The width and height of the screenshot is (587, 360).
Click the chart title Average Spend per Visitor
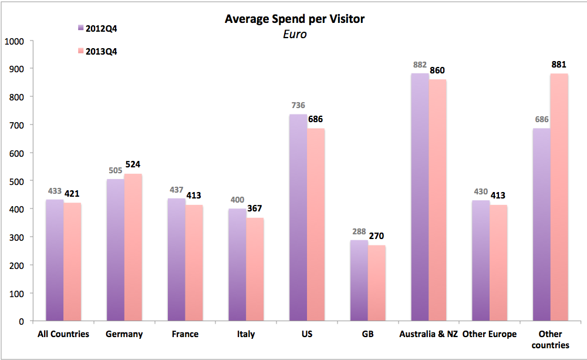coord(295,19)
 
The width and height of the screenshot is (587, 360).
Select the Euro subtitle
coord(295,34)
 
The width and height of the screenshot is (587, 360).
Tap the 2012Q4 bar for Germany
coord(116,250)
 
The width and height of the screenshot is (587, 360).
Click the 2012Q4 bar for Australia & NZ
coord(420,197)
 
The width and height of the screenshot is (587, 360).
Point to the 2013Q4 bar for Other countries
coord(559,197)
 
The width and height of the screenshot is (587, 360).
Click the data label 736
coord(298,106)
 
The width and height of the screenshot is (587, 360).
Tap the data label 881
coord(559,65)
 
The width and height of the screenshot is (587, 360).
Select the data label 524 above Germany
coord(132,164)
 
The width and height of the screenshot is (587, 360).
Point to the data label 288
coord(359,231)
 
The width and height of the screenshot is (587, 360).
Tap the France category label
coord(185,334)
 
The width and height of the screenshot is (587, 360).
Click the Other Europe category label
coord(490,334)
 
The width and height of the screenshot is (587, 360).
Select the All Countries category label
coord(63,334)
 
